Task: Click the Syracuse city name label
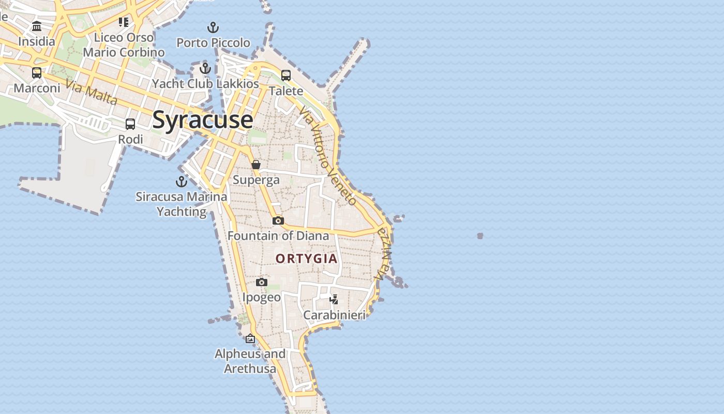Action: (202, 120)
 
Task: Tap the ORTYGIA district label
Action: (306, 258)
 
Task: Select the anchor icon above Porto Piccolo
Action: (213, 27)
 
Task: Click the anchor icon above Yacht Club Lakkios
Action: (205, 68)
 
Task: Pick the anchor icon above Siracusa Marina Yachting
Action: (181, 182)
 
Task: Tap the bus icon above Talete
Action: (286, 76)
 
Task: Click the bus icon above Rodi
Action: (130, 124)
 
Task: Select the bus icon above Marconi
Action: (37, 73)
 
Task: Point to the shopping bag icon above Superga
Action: (255, 165)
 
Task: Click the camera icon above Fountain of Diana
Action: (278, 221)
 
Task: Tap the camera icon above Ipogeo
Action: (262, 282)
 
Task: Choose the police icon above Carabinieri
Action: (334, 299)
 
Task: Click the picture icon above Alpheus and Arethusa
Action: (250, 338)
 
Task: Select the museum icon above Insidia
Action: (37, 26)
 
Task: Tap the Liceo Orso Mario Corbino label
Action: (124, 45)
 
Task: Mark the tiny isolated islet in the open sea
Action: (480, 236)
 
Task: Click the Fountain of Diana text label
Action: (278, 236)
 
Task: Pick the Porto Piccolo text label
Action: (213, 42)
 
